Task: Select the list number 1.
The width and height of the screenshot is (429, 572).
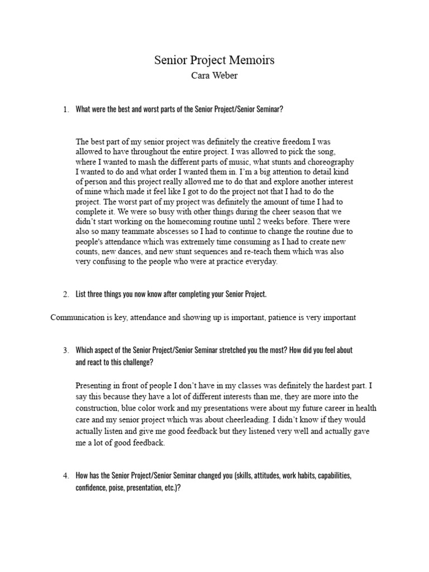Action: click(65, 109)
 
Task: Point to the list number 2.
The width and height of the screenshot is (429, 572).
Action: click(65, 294)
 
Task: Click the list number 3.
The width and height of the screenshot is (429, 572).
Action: click(65, 350)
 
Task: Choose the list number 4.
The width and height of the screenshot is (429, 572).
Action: click(65, 475)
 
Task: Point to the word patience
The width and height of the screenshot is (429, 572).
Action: click(289, 318)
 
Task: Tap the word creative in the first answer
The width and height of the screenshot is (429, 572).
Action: click(260, 142)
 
